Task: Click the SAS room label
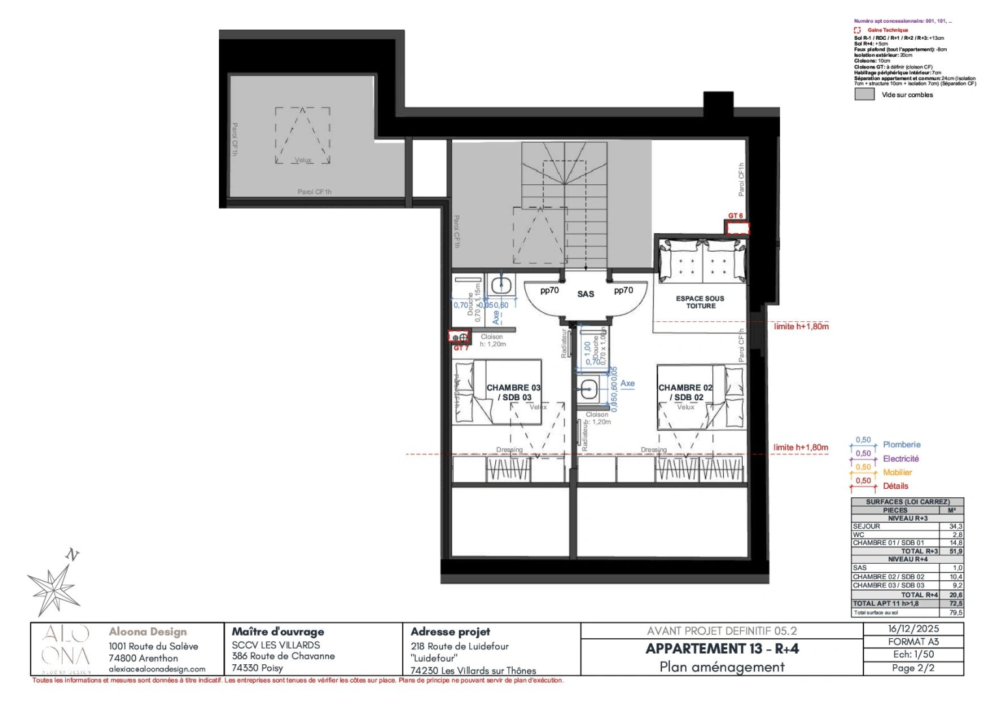585,294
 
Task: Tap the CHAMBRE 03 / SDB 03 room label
513,392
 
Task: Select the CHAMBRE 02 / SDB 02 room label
685,392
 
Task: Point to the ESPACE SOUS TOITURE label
700,302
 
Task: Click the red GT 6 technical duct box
738,228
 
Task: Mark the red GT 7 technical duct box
459,337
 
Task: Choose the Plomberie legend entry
901,445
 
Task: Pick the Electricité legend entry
901,459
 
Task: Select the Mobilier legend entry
897,473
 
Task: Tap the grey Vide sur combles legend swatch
864,94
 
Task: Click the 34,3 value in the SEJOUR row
955,526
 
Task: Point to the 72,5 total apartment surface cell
955,604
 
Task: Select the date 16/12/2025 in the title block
914,629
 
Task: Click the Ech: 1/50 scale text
914,654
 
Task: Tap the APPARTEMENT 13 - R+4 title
722,649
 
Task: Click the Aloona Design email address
157,669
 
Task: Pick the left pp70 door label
549,291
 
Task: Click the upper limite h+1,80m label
801,327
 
